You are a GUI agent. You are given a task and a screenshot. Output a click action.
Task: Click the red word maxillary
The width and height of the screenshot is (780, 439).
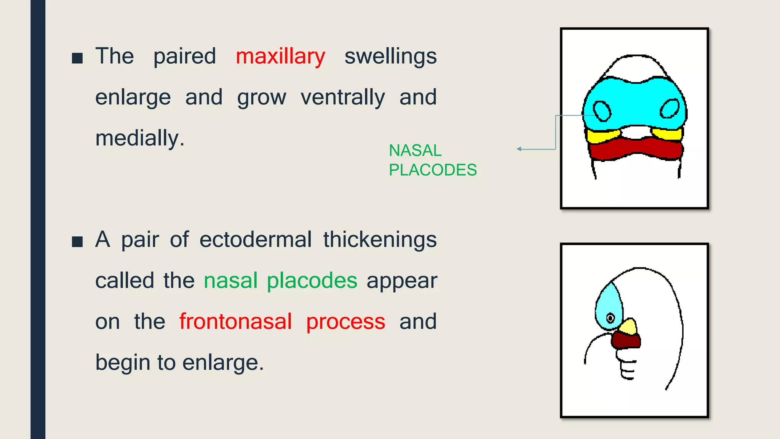pos(280,57)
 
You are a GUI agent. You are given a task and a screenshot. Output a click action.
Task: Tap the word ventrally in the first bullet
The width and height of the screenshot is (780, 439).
pos(343,98)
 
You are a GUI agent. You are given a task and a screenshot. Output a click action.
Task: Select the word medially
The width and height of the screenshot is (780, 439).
pos(139,138)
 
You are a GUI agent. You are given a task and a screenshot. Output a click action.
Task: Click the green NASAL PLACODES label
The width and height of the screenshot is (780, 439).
pos(432,160)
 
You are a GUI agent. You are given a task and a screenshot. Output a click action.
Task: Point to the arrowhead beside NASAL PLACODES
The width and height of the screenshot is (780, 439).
pos(519,149)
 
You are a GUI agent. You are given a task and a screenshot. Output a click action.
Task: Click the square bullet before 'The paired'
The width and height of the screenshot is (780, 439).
pos(77,58)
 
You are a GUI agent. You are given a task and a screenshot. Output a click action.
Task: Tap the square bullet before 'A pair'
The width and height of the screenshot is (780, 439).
pos(77,242)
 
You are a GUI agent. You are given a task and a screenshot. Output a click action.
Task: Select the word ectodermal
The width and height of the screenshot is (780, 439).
pos(255,240)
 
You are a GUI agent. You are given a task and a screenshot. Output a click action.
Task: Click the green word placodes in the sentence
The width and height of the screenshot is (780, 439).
pos(312,281)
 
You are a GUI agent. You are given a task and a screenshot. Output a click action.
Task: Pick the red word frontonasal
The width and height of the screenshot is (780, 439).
pos(235,322)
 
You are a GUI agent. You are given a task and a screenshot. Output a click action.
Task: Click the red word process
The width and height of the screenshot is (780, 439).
pos(345,322)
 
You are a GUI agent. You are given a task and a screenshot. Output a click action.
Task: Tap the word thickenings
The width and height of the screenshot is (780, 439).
pos(380,240)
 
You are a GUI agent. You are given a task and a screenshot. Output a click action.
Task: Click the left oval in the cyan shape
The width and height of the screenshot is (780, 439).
pos(602,111)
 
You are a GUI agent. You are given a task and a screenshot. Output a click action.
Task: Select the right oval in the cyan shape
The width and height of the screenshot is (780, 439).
pos(669,109)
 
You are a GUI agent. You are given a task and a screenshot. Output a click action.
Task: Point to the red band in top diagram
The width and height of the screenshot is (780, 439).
pos(635,149)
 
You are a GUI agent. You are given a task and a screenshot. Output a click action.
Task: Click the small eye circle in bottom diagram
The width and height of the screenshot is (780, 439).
pos(610,318)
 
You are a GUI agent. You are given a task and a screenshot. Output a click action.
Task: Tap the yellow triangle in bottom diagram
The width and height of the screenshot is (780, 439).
pos(628,327)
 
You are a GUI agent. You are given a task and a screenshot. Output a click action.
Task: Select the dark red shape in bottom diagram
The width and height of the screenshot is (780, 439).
pos(625,340)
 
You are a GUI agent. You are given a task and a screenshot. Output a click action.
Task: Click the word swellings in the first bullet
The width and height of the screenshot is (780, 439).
pos(390,57)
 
